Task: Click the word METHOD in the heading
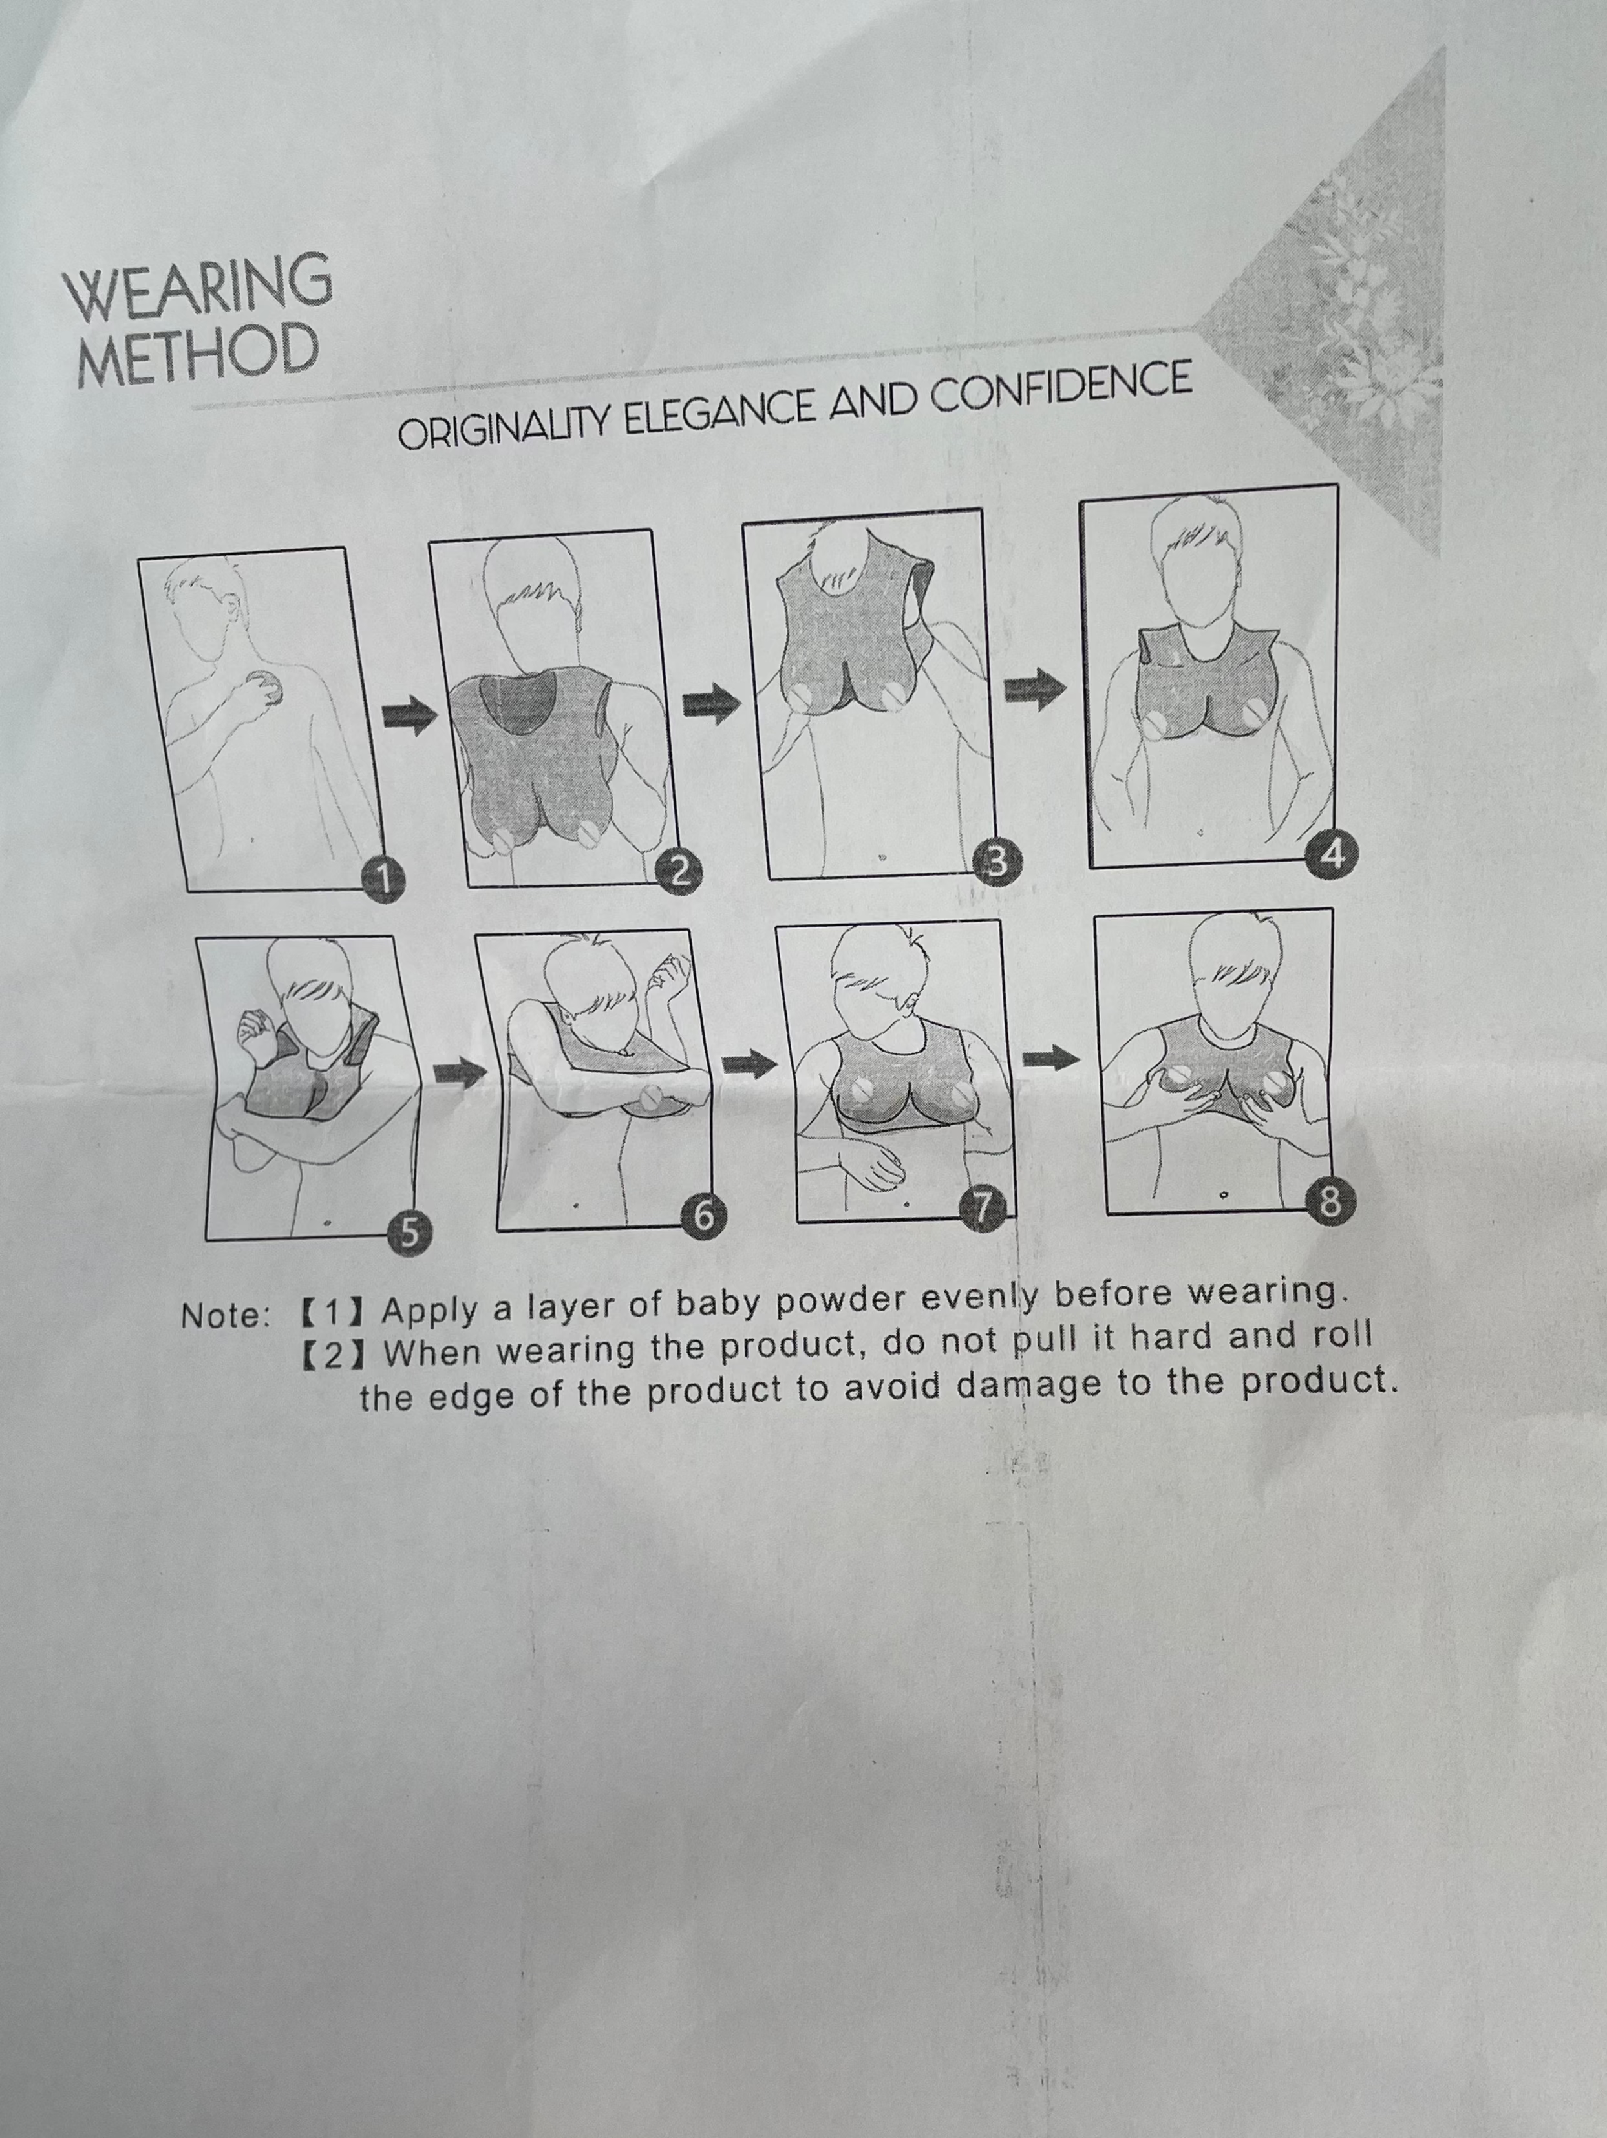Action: [198, 354]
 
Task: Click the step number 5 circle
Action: [409, 1233]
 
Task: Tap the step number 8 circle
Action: [1330, 1202]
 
